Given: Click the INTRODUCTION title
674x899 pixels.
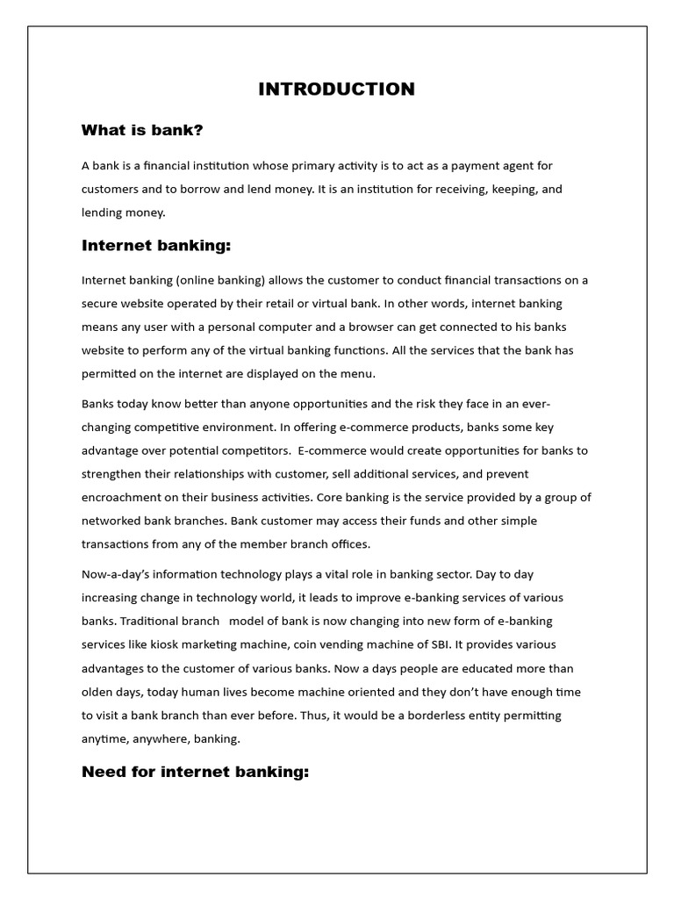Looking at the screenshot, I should click(x=336, y=89).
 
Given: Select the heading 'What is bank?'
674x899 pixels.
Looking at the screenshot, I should click(x=142, y=131).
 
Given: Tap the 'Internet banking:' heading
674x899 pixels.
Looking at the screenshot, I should click(x=156, y=245).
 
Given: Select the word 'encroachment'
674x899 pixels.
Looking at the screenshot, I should click(x=121, y=497).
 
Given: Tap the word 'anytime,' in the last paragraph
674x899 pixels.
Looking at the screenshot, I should click(x=106, y=738).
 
